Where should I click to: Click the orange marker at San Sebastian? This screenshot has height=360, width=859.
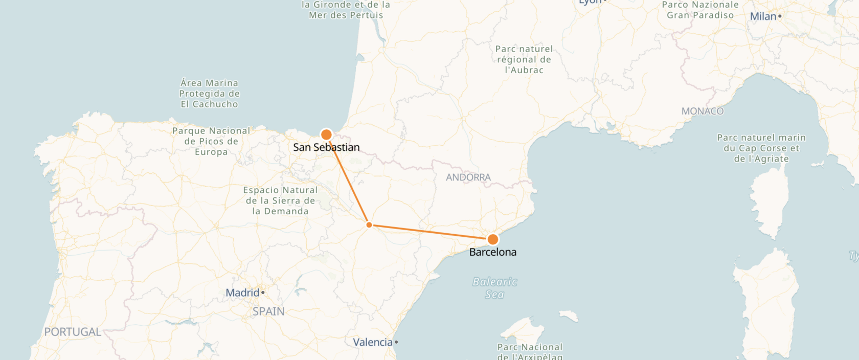326,134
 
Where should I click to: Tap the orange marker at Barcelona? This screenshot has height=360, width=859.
493,239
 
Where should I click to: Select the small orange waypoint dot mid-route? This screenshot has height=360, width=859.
369,225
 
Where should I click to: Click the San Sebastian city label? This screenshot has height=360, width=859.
326,147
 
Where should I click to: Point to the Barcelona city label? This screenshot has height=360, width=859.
493,252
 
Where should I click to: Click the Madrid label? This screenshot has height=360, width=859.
243,293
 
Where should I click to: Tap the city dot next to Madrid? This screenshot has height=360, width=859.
263,293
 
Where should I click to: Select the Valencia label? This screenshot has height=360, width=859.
373,342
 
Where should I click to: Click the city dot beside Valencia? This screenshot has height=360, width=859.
396,342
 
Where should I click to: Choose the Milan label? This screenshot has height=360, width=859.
763,16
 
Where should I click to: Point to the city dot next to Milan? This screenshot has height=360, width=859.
780,16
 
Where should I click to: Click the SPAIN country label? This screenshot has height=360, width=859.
268,311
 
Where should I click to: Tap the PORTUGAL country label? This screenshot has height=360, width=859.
73,332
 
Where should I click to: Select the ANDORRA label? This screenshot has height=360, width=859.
468,177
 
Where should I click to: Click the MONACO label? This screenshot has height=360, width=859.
703,111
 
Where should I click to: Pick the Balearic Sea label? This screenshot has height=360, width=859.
494,288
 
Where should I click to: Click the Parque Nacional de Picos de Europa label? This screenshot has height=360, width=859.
211,141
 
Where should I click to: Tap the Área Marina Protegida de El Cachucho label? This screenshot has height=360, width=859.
209,94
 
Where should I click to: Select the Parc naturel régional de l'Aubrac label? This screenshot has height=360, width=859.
524,59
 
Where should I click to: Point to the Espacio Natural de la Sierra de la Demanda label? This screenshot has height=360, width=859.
280,200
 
